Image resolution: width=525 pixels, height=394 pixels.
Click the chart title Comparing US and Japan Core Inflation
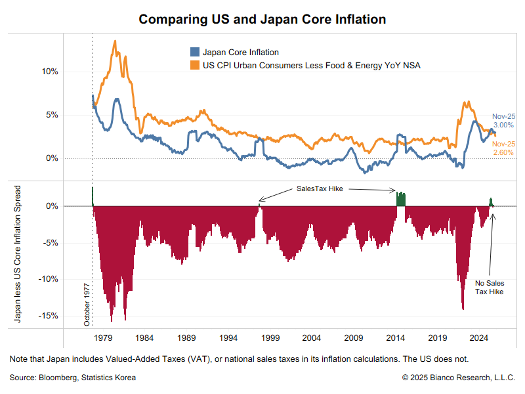pyautogui.click(x=262, y=20)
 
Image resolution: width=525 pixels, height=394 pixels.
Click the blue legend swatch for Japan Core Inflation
pyautogui.click(x=195, y=52)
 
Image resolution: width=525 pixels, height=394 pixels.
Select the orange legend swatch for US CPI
pyautogui.click(x=195, y=65)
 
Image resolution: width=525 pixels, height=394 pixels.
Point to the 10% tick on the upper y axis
pyautogui.click(x=50, y=72)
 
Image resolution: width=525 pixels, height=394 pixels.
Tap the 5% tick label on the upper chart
pyautogui.click(x=52, y=115)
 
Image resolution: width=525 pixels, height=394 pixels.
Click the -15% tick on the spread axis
pyautogui.click(x=48, y=316)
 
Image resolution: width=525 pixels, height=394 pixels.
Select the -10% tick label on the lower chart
pyautogui.click(x=48, y=278)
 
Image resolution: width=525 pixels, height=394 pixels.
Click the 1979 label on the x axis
pyautogui.click(x=103, y=338)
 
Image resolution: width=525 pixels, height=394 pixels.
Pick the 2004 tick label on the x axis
pyautogui.click(x=311, y=338)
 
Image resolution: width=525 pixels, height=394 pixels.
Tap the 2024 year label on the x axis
pyautogui.click(x=479, y=338)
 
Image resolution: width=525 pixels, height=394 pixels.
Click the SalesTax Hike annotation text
pyautogui.click(x=320, y=188)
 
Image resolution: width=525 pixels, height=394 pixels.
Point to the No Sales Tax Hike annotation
pyautogui.click(x=489, y=288)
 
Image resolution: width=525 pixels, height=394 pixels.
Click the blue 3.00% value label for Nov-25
pyautogui.click(x=503, y=125)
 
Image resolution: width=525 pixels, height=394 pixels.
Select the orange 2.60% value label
pyautogui.click(x=503, y=152)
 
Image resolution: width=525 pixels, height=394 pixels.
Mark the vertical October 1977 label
pyautogui.click(x=87, y=305)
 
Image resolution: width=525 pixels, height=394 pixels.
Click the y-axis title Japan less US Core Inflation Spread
pyautogui.click(x=18, y=254)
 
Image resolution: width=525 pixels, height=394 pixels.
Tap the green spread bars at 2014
pyautogui.click(x=401, y=200)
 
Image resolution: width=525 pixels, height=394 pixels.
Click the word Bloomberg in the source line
pyautogui.click(x=58, y=378)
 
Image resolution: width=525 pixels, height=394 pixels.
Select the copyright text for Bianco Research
pyautogui.click(x=458, y=378)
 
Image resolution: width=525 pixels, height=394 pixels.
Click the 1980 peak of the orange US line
pyautogui.click(x=115, y=41)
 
